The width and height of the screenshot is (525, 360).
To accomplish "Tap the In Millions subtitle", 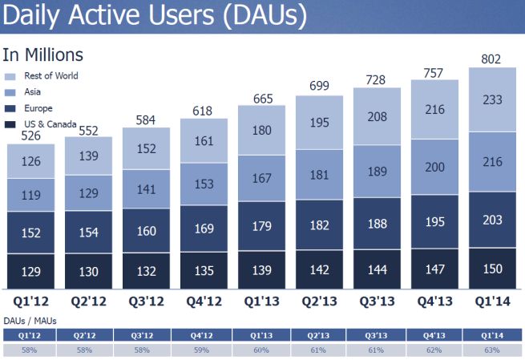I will point(43,55).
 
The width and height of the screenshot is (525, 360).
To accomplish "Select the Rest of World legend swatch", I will point(10,76).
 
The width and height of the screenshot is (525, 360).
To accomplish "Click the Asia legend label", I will point(34,92).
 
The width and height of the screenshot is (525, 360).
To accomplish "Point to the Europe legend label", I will point(38,108).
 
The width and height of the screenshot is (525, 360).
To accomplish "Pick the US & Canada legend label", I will point(50,123).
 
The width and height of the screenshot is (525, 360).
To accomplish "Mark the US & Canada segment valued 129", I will point(30,271).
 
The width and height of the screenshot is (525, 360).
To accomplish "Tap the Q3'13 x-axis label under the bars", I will point(378,301).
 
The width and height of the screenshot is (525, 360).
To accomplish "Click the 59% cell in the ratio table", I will point(205,350).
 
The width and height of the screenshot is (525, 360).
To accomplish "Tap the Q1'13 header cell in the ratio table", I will point(262,336).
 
